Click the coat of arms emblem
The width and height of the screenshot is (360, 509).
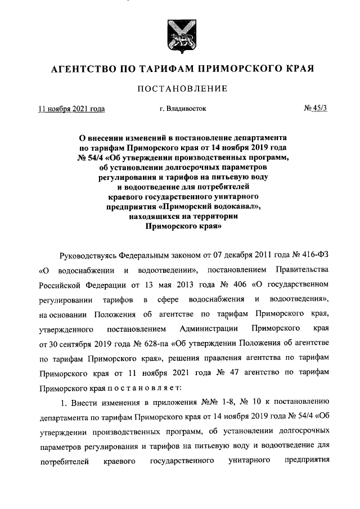coord(179,35)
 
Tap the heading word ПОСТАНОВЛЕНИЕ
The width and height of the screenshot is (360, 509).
coord(179,88)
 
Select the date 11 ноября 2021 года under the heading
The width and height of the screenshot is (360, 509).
coord(71,109)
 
